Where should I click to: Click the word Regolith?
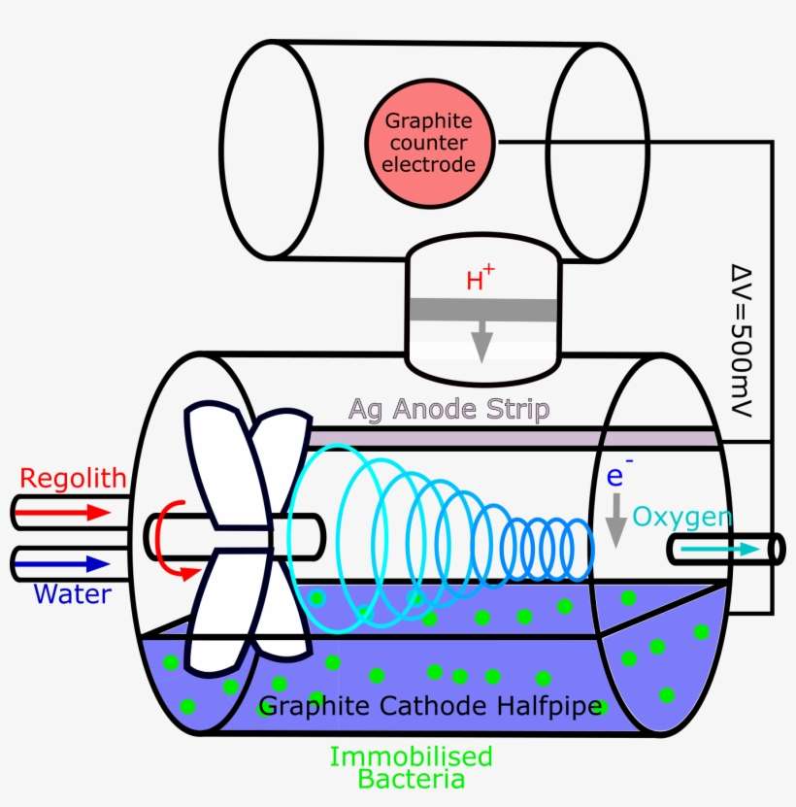click(x=74, y=478)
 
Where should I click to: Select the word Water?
click(x=73, y=592)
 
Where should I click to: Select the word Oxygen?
click(x=682, y=517)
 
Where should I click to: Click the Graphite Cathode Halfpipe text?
click(x=432, y=707)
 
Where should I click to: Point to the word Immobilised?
click(x=411, y=757)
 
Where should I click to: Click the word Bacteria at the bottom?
click(x=411, y=779)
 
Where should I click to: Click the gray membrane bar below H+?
click(x=482, y=311)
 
